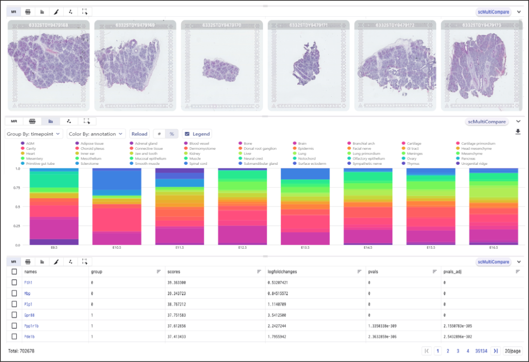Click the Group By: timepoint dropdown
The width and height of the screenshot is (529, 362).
click(34, 133)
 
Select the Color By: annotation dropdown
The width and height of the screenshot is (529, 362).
click(96, 133)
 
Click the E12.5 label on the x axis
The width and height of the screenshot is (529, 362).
click(242, 248)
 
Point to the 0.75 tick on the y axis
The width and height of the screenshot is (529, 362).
click(17, 187)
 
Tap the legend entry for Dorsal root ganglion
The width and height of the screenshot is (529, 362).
click(260, 148)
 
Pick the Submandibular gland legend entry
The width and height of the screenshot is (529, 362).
click(263, 163)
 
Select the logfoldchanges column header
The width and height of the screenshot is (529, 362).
click(283, 271)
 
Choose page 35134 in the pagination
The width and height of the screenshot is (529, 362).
click(481, 351)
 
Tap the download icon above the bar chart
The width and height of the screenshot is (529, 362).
click(518, 131)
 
